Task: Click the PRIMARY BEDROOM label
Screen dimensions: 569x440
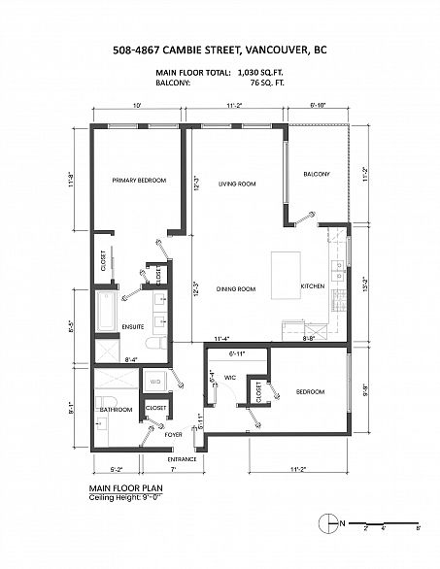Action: pos(138,181)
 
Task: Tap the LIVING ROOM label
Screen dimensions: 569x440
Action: pos(236,184)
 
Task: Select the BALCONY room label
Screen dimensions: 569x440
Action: pos(317,174)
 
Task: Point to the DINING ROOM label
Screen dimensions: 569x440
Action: pos(235,288)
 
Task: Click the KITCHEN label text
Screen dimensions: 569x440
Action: pos(312,286)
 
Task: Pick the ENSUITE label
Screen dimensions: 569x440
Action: pos(133,326)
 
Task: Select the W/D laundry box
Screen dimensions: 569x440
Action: pos(154,383)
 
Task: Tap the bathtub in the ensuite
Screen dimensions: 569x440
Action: pos(105,310)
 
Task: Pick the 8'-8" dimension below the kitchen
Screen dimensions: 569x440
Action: pos(309,338)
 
